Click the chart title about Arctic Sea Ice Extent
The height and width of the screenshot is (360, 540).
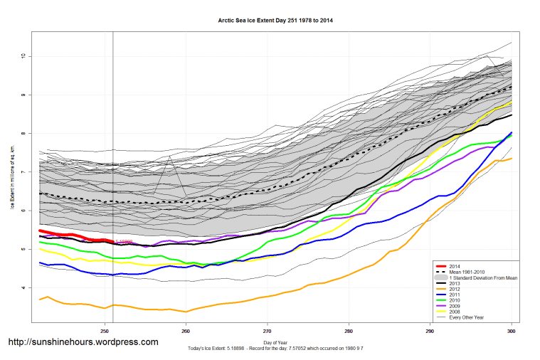click(x=275, y=21)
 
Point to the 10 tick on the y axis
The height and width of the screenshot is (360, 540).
click(x=23, y=56)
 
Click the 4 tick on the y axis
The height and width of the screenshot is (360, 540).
click(x=23, y=288)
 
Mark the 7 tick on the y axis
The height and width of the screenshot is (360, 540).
click(x=23, y=172)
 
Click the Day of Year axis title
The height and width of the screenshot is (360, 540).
click(x=275, y=342)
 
